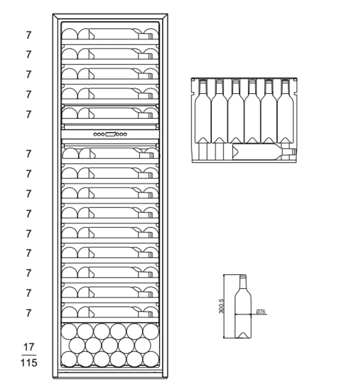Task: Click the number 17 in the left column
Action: (x=29, y=347)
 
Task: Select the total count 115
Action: (x=29, y=362)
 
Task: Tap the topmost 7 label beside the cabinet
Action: (x=29, y=35)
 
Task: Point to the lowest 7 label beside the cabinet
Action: (x=29, y=313)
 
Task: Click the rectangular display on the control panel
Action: (x=110, y=135)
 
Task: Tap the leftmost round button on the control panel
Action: (x=95, y=135)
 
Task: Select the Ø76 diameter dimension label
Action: (x=261, y=312)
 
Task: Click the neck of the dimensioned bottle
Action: (x=242, y=283)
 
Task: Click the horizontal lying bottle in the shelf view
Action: (x=262, y=152)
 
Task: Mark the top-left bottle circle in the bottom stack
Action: (x=70, y=330)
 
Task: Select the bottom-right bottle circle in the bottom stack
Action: (x=151, y=359)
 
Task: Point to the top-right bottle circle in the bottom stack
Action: (x=151, y=330)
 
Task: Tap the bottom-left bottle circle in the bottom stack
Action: (x=70, y=359)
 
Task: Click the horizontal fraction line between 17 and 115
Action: (x=29, y=354)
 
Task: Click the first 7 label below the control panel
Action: (x=29, y=153)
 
